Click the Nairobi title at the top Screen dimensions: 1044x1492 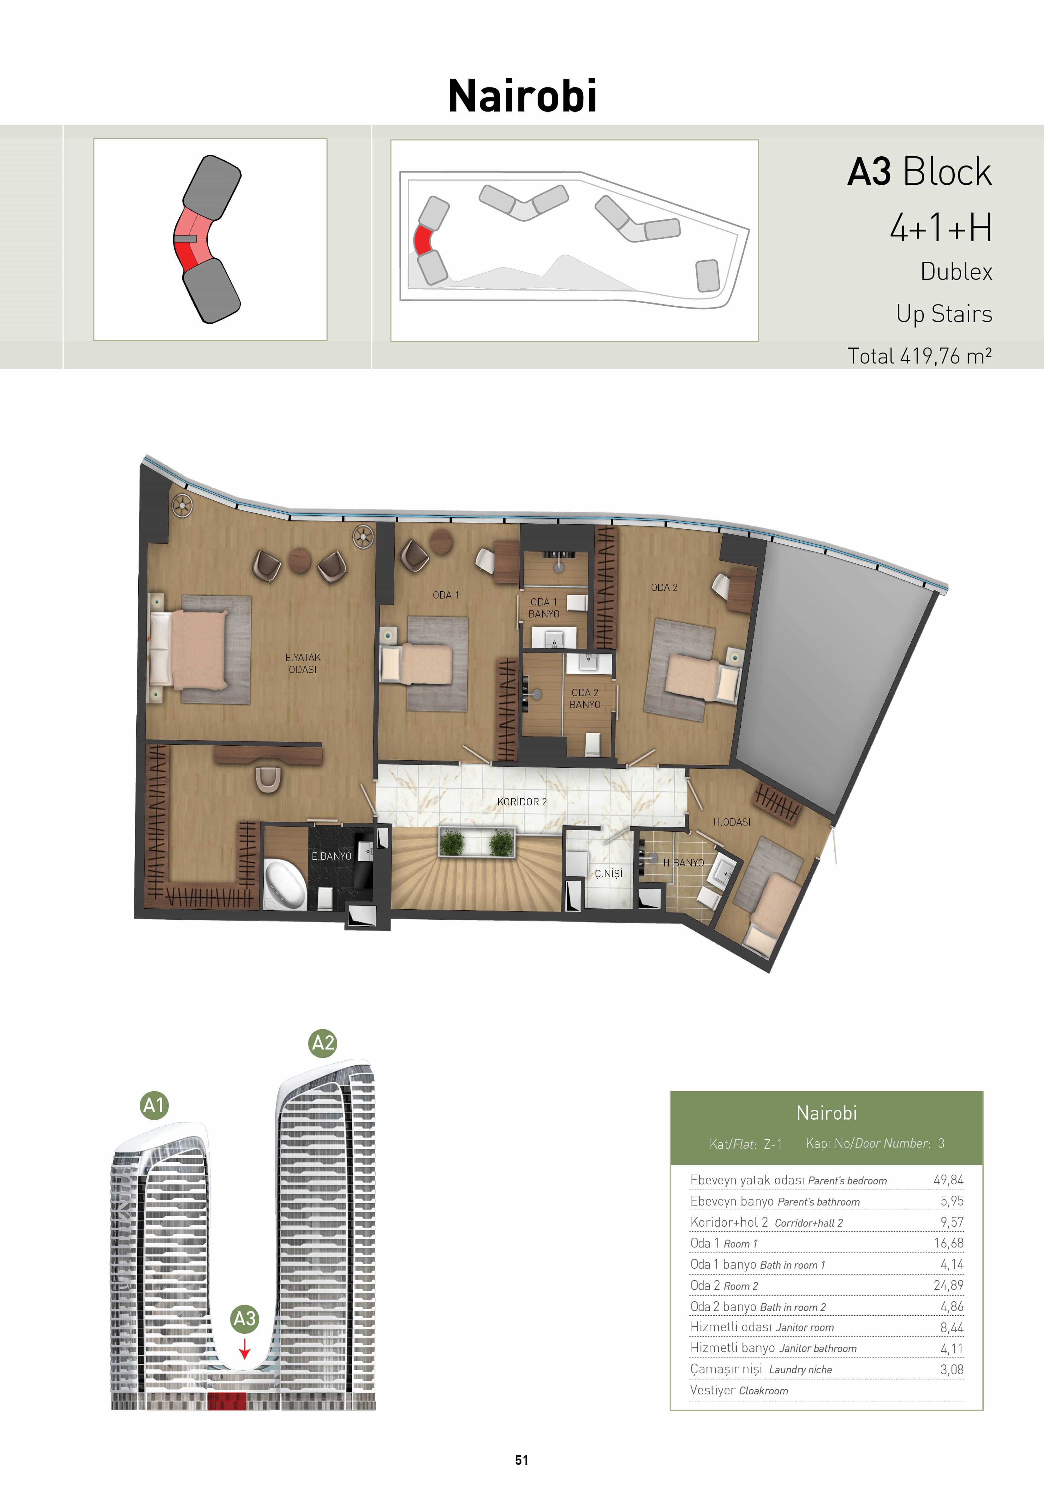pos(522,96)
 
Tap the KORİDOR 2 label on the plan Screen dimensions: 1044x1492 pos(522,802)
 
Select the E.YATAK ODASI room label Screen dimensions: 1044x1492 pos(303,664)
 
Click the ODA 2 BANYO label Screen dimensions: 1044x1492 pos(585,699)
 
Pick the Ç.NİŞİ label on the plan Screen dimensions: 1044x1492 pos(609,873)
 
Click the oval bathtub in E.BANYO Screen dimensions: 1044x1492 pos(285,884)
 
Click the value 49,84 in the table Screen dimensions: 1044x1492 pos(948,1179)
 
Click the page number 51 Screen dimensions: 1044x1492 pos(522,1460)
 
